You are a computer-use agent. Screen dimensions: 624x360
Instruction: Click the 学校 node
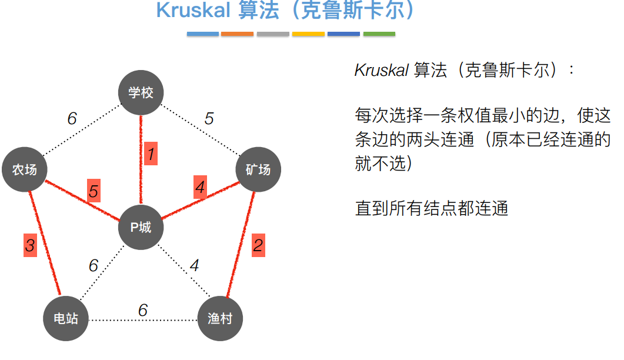(x=141, y=92)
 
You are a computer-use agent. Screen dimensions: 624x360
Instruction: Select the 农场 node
(x=25, y=170)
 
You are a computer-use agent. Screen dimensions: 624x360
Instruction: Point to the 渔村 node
(x=220, y=319)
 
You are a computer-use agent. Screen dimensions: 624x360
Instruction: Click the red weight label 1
(x=151, y=155)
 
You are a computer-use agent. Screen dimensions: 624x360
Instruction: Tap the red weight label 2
(x=258, y=245)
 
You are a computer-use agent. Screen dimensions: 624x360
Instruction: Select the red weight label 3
(x=30, y=244)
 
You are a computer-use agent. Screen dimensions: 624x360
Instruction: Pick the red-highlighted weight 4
(x=201, y=188)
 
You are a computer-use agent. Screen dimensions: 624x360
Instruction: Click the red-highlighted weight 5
(x=94, y=191)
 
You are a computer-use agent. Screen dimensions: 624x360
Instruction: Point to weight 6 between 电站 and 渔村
(x=143, y=310)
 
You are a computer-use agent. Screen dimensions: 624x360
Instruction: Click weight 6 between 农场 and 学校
(x=72, y=119)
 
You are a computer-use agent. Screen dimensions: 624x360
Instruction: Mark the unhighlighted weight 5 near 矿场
(x=209, y=118)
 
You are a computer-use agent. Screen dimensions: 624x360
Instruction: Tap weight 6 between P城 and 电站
(x=94, y=266)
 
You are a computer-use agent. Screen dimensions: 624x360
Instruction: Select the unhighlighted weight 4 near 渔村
(x=194, y=265)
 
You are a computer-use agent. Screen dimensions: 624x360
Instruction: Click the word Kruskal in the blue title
(x=191, y=11)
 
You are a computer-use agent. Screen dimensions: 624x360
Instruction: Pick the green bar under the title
(x=379, y=34)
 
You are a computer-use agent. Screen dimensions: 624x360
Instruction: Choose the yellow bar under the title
(x=308, y=34)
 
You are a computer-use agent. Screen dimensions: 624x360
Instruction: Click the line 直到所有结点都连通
(x=431, y=208)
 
